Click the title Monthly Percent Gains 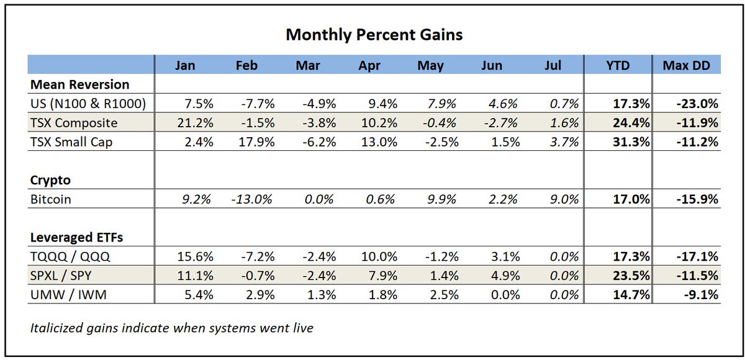click(374, 35)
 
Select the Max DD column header click(687, 65)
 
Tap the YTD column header click(618, 65)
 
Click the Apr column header click(369, 65)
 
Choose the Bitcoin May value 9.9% click(442, 199)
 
